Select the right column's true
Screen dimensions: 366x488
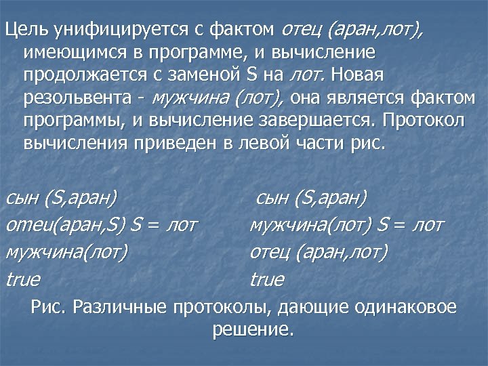[x=267, y=279]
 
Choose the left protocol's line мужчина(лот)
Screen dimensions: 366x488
[x=66, y=252]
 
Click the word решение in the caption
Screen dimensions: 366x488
[x=253, y=330]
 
